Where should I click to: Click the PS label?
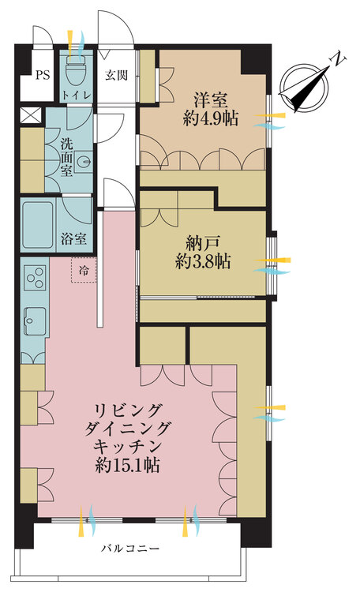coord(43,75)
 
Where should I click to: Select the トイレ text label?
coord(77,95)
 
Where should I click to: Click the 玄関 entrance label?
coord(116,75)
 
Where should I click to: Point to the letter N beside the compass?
coord(339,59)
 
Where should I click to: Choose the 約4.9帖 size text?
coord(211,119)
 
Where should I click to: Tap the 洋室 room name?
coord(211,101)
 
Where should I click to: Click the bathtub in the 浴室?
coord(37,225)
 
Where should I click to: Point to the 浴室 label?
coord(73,238)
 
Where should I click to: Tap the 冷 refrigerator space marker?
coord(84,270)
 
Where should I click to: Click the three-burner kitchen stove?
coord(35,278)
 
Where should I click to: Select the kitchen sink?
coord(35,321)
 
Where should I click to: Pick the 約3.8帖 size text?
coord(203,261)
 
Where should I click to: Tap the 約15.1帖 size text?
coord(127,465)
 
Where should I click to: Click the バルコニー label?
coord(130,549)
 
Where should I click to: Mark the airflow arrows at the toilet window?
coord(76,44)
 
